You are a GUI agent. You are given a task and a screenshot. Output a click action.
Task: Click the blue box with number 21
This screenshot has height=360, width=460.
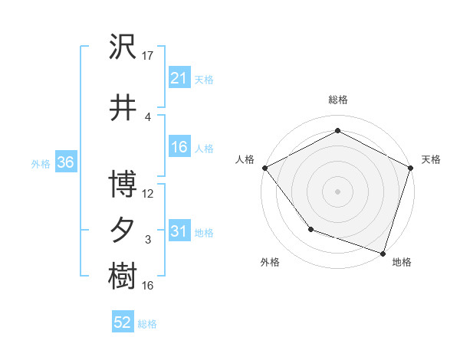[x=179, y=77]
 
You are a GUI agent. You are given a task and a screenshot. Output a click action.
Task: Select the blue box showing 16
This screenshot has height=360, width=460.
[x=179, y=147]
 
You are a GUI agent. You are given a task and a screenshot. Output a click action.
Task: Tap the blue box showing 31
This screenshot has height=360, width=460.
[x=179, y=231]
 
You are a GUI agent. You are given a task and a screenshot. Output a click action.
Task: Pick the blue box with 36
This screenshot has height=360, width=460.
[x=64, y=162]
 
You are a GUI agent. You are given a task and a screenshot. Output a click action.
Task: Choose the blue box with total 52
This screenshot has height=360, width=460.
[x=123, y=322]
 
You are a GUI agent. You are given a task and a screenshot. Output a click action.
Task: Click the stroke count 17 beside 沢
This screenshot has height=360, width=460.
[x=148, y=55]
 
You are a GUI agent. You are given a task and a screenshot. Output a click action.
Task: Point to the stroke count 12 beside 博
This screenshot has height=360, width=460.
[x=148, y=194]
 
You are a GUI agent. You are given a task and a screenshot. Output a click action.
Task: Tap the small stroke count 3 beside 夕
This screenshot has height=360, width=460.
[x=148, y=240]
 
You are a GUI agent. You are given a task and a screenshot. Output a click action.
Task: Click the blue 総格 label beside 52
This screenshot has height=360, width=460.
[x=148, y=324]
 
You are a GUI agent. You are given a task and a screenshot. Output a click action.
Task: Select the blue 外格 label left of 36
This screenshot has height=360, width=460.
[x=41, y=163]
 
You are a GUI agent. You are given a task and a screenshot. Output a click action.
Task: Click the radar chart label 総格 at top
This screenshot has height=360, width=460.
[x=337, y=100]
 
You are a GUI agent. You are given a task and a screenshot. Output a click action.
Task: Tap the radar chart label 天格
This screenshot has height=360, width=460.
[x=431, y=159]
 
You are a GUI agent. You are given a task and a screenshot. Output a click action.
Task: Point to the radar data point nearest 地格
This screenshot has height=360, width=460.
[x=383, y=253]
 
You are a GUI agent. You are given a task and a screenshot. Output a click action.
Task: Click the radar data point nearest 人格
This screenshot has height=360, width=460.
[x=264, y=167]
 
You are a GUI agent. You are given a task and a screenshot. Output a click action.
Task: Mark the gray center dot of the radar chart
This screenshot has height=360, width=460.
[x=337, y=191]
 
